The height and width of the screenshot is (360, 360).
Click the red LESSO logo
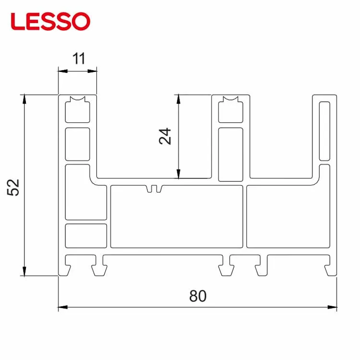tap(50, 21)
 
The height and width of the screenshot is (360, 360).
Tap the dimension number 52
tap(13, 187)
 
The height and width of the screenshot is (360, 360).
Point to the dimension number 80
tap(197, 296)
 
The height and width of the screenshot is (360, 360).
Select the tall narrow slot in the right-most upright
tap(325, 131)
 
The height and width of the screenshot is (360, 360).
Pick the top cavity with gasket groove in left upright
tap(77, 110)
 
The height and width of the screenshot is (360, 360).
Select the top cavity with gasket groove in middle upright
tap(230, 110)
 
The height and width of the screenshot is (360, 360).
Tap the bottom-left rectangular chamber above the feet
tap(85, 235)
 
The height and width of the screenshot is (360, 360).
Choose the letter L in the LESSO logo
tap(17, 22)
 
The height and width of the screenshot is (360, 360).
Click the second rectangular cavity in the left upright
tap(77, 144)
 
